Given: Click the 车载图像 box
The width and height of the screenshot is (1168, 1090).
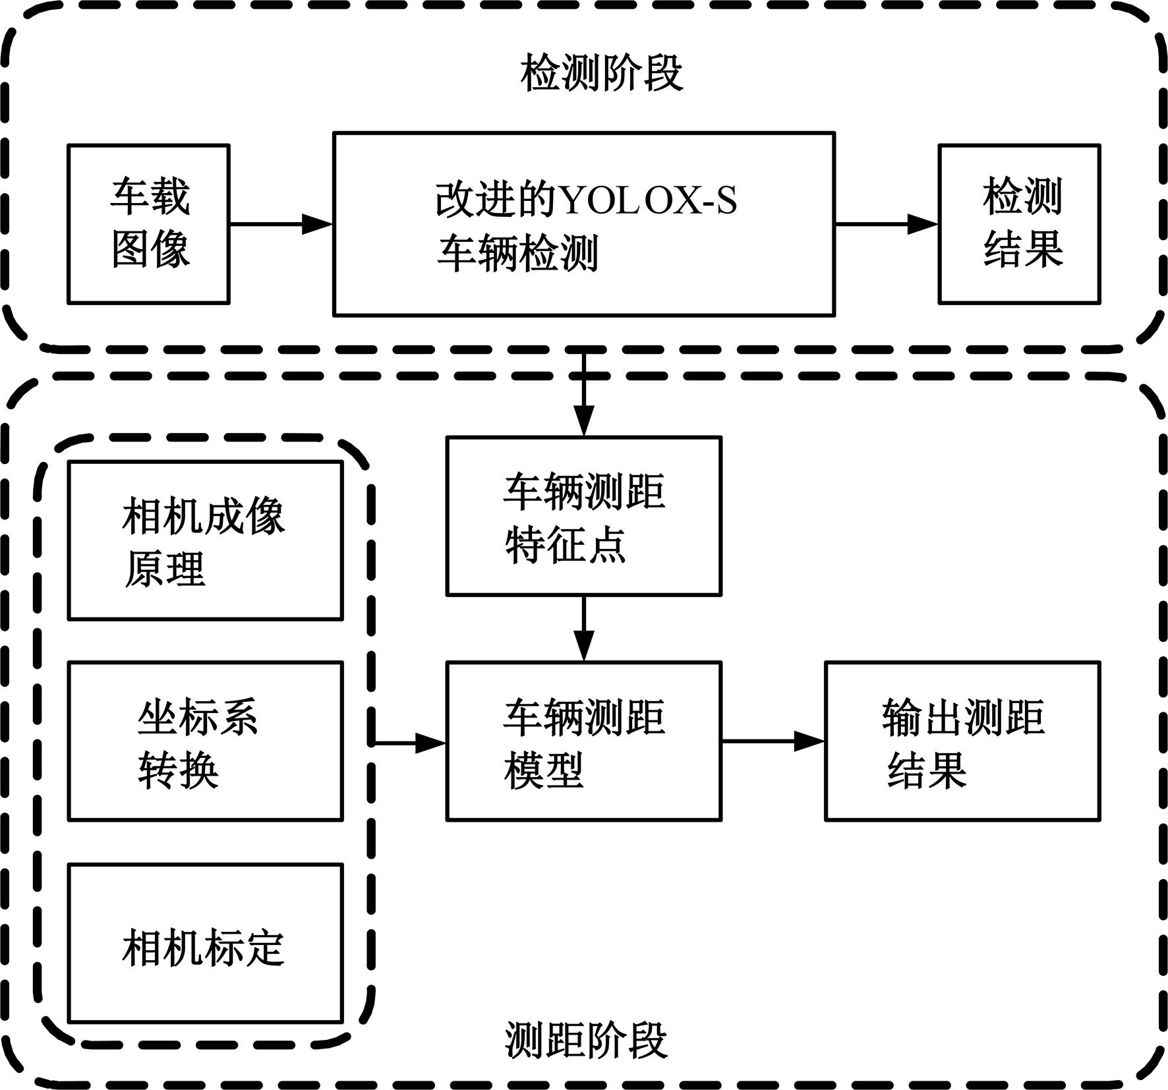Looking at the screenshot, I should click(x=148, y=224).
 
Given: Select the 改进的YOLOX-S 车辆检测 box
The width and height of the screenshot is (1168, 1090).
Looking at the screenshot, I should click(x=584, y=224).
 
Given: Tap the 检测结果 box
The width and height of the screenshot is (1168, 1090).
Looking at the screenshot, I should click(x=1019, y=224).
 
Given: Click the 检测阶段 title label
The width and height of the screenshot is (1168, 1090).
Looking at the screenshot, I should click(x=601, y=73).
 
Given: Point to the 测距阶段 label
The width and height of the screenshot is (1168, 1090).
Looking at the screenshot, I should click(x=586, y=1041).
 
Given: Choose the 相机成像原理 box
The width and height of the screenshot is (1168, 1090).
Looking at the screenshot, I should click(x=206, y=540).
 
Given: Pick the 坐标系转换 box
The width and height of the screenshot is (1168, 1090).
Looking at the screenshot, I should click(x=206, y=741).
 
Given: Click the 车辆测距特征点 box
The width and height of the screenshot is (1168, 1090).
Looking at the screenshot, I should click(x=584, y=516).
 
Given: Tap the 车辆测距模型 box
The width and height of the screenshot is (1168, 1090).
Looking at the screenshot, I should click(x=584, y=741).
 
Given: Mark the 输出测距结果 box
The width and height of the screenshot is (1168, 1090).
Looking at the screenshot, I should click(x=962, y=741).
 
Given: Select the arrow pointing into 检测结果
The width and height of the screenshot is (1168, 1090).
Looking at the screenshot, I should click(x=887, y=224).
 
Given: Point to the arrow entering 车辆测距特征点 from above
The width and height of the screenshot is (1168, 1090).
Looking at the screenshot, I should click(x=584, y=395).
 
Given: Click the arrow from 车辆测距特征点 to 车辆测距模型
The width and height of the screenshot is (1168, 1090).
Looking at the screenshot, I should click(x=584, y=629).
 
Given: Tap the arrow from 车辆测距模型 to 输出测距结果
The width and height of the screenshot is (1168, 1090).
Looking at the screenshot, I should click(x=773, y=741).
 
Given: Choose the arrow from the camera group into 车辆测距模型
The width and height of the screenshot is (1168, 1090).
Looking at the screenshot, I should click(x=409, y=743).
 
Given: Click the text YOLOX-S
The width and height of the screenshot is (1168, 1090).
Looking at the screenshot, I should click(x=649, y=199).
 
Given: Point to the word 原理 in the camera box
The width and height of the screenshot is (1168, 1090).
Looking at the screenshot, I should click(x=165, y=568).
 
